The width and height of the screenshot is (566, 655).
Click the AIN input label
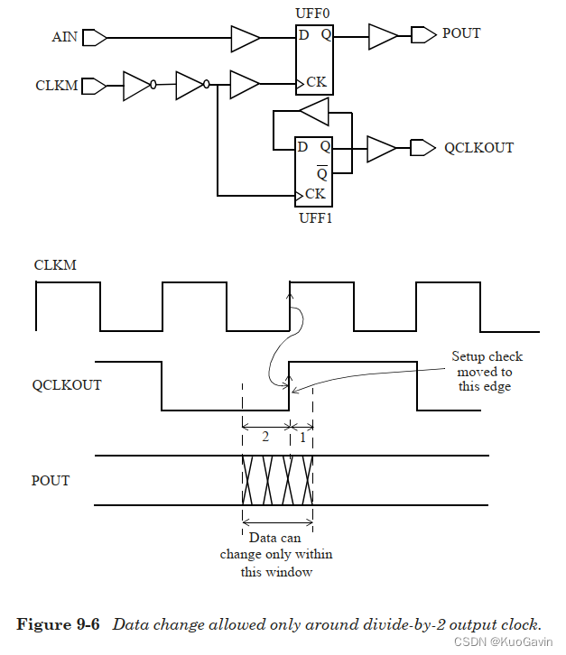click(x=65, y=38)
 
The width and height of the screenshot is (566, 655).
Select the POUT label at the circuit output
click(x=461, y=34)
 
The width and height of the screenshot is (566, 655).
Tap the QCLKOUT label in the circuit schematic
click(x=478, y=147)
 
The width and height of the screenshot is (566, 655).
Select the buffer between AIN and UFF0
click(x=245, y=39)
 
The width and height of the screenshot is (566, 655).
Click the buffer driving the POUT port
click(x=383, y=36)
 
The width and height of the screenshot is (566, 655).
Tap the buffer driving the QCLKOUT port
click(x=380, y=148)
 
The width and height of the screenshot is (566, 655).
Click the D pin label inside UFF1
click(x=303, y=146)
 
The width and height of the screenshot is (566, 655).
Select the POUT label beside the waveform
click(x=51, y=480)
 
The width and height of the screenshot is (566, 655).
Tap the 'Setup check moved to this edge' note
click(x=487, y=371)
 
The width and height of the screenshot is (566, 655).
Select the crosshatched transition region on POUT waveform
click(x=277, y=480)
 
